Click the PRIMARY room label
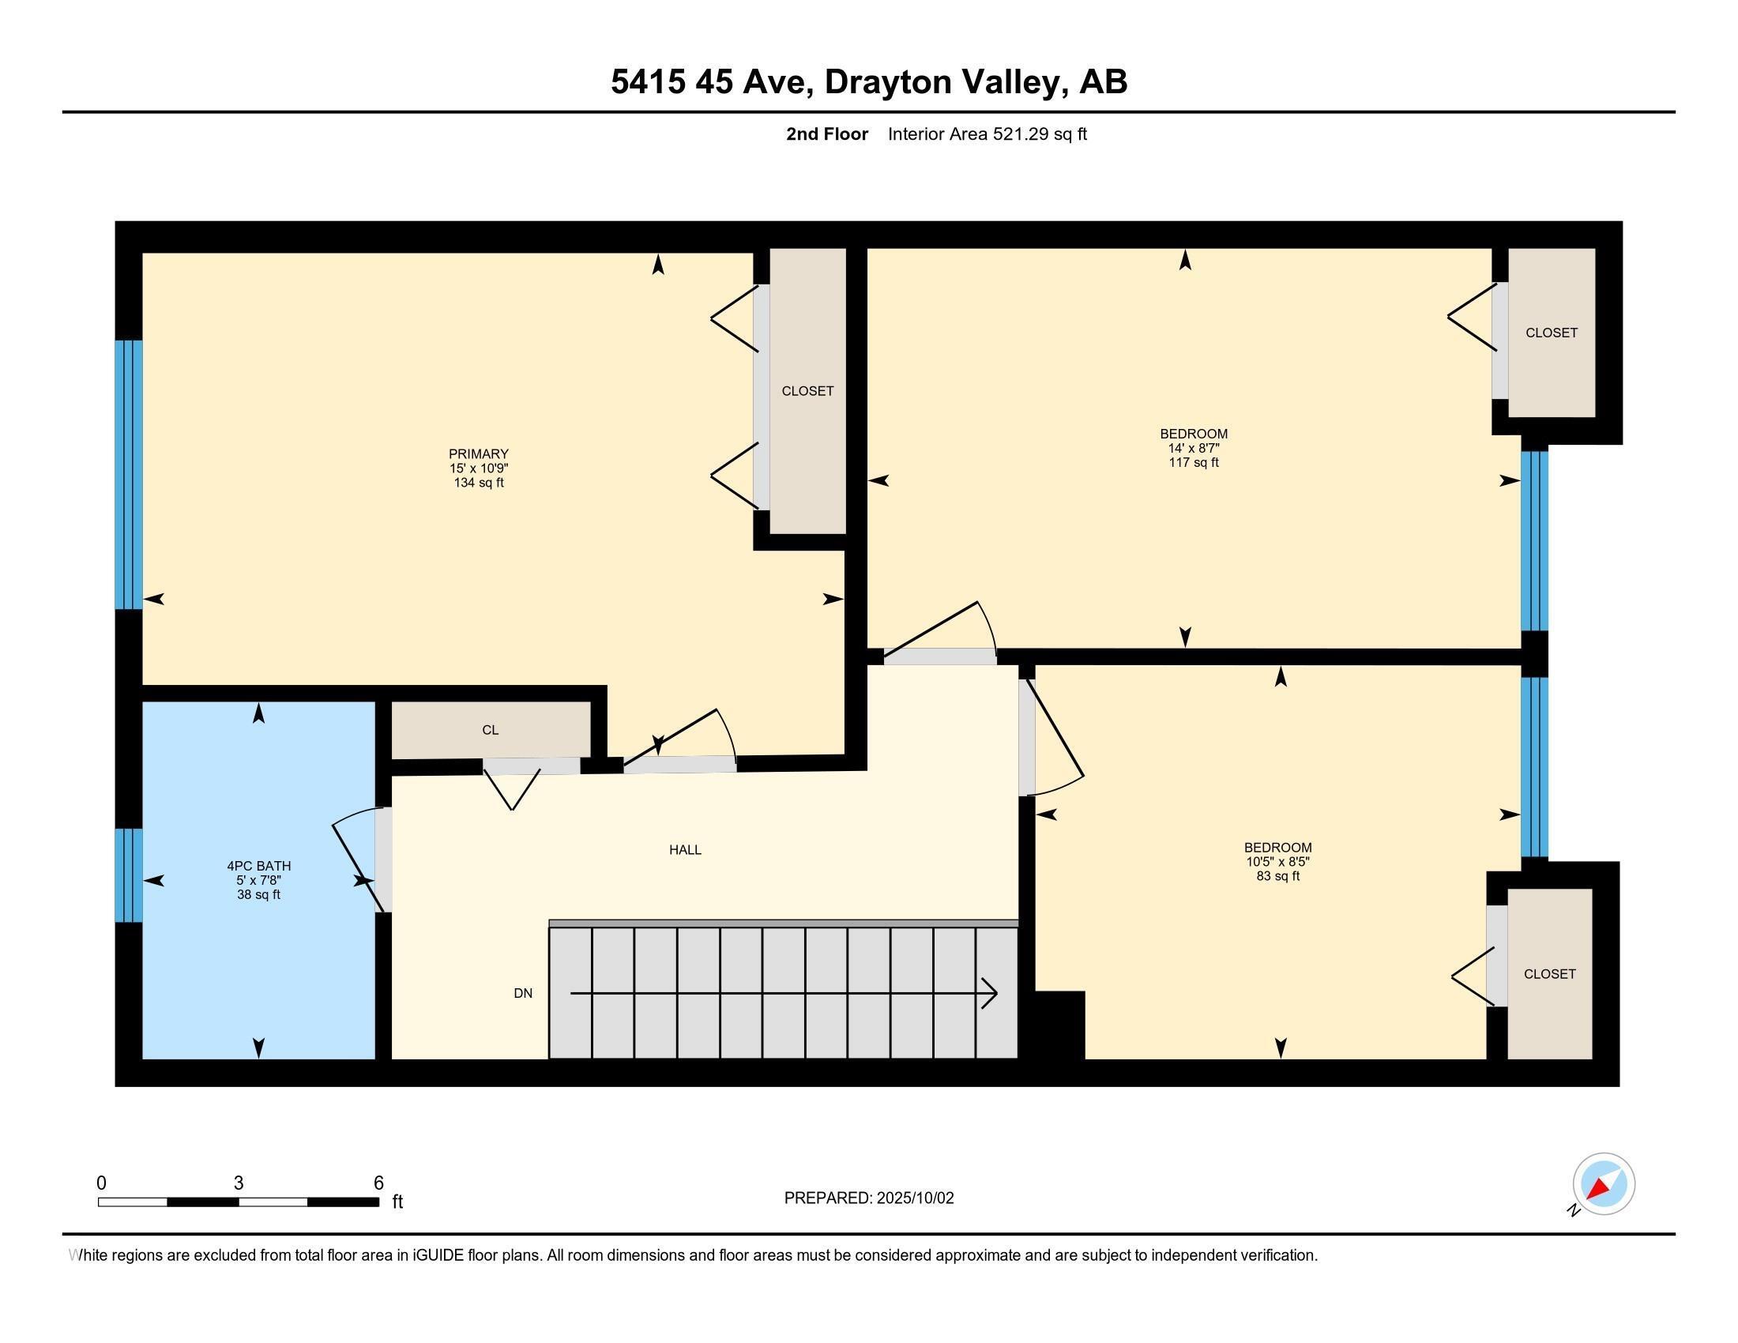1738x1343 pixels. pos(478,454)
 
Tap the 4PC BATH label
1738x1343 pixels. pos(258,866)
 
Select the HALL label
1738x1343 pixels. pos(684,850)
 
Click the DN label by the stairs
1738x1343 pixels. pos(523,993)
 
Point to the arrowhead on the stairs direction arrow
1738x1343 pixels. pos(991,993)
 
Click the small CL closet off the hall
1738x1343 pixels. pos(491,730)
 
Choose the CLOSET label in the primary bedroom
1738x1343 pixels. pos(807,390)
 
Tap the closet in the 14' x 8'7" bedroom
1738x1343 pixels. pos(1551,333)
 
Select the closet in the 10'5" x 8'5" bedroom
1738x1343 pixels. pos(1548,974)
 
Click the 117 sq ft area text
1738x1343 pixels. pos(1193,462)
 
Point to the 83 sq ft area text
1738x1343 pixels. pos(1277,876)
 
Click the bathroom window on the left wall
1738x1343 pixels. pos(129,875)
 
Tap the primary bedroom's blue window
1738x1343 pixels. pos(129,474)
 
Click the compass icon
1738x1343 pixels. pos(1604,1184)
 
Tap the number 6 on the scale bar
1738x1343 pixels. pos(378,1183)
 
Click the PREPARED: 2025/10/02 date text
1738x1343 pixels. pos(868,1198)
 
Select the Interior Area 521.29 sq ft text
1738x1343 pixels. pos(987,134)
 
